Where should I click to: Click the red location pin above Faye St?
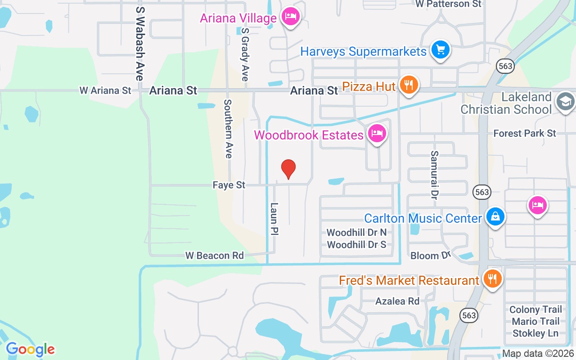click(288, 169)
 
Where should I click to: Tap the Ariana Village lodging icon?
click(291, 17)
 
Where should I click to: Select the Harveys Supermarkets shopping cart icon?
click(440, 50)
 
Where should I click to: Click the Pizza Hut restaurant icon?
click(409, 85)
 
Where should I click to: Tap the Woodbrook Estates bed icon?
click(377, 134)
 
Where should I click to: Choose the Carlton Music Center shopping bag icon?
click(495, 217)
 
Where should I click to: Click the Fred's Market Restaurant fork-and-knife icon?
click(492, 279)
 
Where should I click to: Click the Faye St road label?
click(229, 185)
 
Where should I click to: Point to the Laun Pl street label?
click(274, 219)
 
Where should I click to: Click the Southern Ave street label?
click(228, 129)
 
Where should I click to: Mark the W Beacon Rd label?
click(215, 256)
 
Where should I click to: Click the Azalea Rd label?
click(397, 301)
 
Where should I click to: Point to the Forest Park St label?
click(525, 133)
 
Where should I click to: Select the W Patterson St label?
click(448, 4)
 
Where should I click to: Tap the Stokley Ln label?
click(535, 333)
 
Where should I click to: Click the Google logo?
click(30, 349)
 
